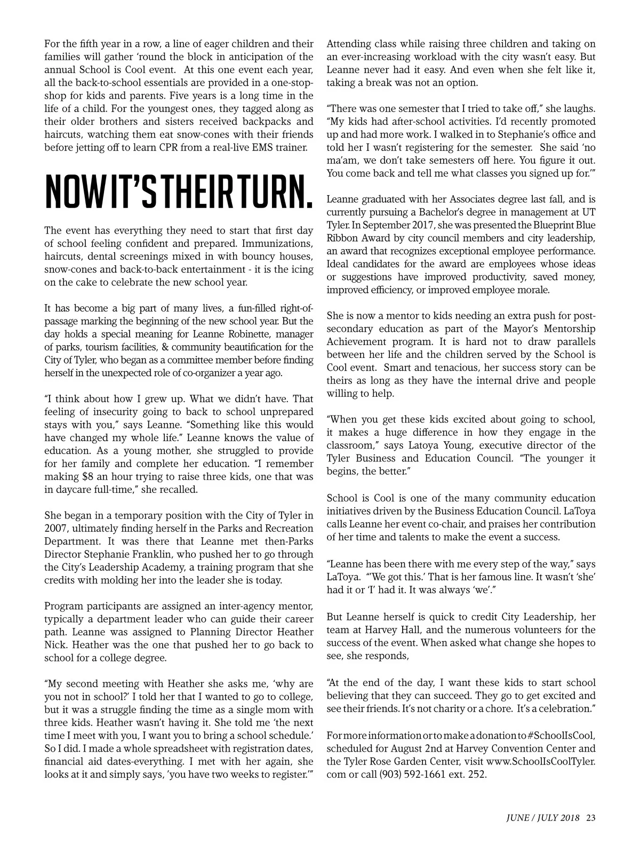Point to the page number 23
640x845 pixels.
tap(590, 817)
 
